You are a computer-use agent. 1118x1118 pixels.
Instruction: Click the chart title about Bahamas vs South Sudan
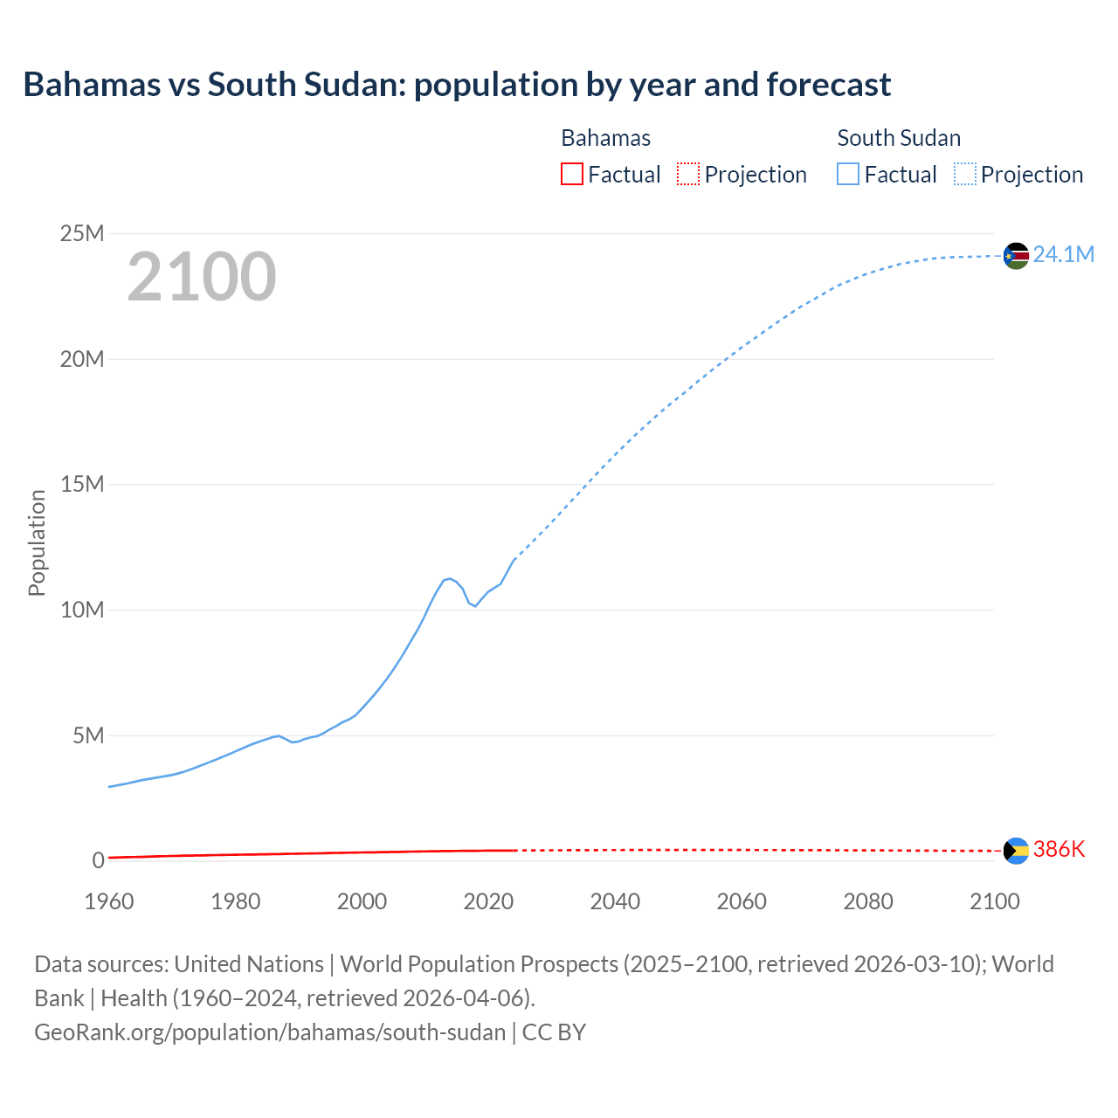point(457,85)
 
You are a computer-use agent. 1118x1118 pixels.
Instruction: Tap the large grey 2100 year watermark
point(202,277)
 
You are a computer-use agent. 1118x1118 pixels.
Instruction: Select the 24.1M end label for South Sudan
point(1063,254)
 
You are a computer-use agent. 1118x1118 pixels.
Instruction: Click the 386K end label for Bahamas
point(1059,849)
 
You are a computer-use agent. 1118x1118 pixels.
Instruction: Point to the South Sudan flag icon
point(1016,256)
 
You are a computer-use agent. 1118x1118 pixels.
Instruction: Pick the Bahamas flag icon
point(1016,851)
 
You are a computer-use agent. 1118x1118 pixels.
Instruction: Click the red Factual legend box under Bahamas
point(572,175)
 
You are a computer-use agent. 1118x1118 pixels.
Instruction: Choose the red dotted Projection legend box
point(688,175)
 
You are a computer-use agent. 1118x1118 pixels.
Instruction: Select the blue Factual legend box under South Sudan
point(848,175)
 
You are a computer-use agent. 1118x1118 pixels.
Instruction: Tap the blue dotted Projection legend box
point(965,175)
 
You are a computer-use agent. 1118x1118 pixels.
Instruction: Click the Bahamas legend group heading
point(605,138)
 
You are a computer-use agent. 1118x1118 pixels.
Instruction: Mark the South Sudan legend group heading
point(899,138)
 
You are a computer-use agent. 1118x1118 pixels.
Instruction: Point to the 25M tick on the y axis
point(81,233)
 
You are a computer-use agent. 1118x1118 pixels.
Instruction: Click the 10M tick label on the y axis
point(81,610)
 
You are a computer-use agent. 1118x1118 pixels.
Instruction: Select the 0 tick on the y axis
point(98,860)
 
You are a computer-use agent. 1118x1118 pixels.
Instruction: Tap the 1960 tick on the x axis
point(109,901)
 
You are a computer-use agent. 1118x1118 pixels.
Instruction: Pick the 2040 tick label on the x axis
point(615,901)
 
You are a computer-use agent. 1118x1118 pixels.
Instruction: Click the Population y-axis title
point(37,542)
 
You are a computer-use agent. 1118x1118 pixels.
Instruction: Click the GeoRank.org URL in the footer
point(270,1032)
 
